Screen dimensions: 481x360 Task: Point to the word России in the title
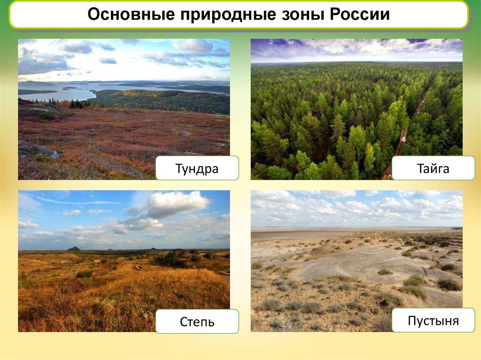359,14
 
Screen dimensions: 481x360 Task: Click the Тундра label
197,168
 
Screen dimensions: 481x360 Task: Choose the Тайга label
433,168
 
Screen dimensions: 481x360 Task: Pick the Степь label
197,322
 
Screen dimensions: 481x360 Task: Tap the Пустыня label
433,321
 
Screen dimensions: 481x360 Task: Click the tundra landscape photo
124,109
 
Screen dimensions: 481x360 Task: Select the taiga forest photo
357,109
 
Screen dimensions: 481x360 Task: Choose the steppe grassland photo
124,261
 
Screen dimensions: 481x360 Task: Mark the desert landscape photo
357,261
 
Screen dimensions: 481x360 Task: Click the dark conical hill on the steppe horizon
74,249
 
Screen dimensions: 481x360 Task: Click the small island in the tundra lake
70,88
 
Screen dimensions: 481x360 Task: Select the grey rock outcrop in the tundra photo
39,150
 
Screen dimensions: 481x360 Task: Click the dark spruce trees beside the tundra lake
77,104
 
